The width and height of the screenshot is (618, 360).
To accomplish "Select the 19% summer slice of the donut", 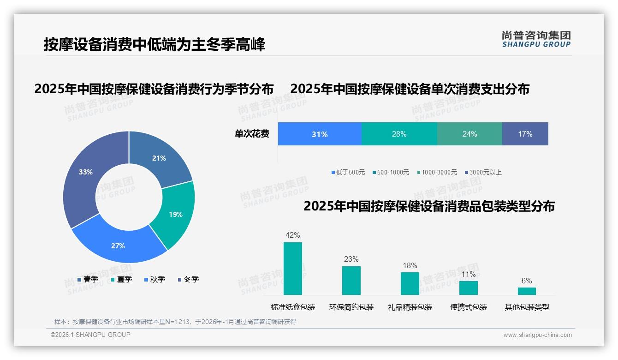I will point(175,214).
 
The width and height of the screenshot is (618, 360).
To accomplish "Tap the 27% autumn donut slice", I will point(118,246).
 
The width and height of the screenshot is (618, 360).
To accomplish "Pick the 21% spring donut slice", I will point(159,158).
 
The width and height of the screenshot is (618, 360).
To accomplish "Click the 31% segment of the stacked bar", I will point(320,134).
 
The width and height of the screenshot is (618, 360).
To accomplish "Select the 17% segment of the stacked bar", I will point(525,134).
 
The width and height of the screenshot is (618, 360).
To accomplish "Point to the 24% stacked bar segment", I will point(469,134).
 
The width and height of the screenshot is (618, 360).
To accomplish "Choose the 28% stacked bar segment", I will point(399,134).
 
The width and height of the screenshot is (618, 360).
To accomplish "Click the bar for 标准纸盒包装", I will point(293,269).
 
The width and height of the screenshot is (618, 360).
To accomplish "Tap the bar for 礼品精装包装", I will point(410,283).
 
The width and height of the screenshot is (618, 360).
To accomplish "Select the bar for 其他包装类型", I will point(527,291).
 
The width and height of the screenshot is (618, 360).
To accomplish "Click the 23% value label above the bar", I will point(351,259).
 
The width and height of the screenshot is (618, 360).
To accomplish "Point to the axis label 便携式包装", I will point(469,307).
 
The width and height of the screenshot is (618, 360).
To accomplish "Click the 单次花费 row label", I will point(252,134).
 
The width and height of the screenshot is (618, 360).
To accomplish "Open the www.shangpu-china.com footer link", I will point(537,335).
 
